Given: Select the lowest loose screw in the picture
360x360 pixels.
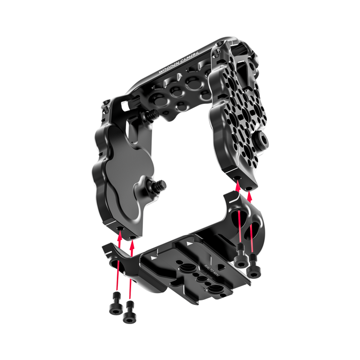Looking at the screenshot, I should [x=129, y=315].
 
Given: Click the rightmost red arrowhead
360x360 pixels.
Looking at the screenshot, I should [x=250, y=195].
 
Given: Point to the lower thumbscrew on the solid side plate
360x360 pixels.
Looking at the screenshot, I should [x=159, y=183].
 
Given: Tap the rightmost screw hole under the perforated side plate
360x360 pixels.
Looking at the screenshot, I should [x=250, y=187].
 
